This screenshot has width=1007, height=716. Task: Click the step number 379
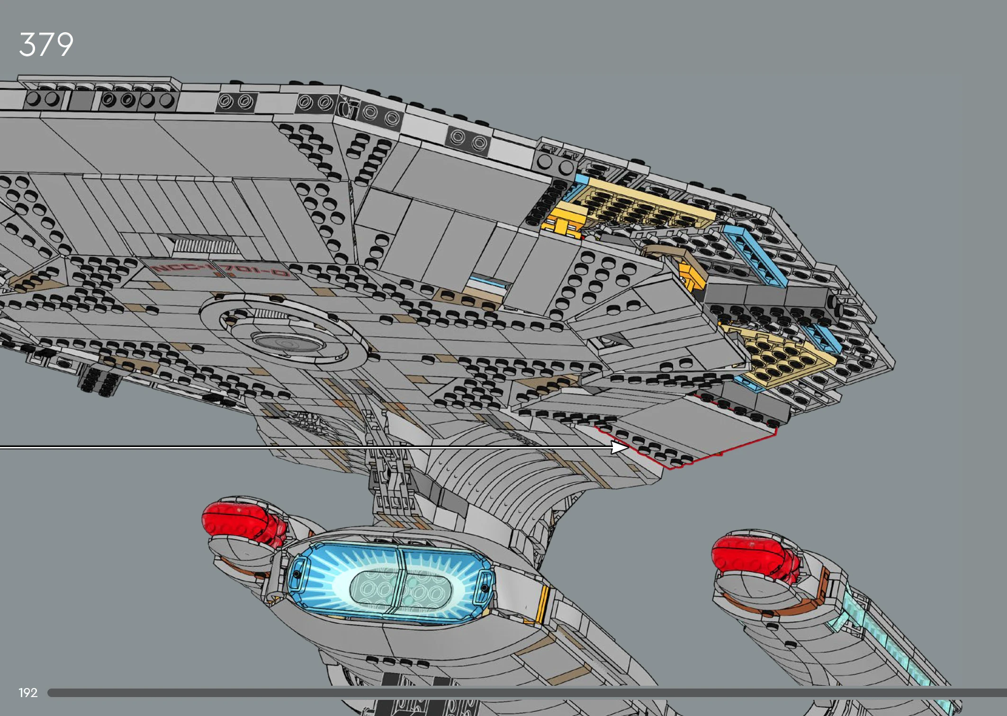tap(46, 45)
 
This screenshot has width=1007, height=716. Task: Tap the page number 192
tap(28, 693)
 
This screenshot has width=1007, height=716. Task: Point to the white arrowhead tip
tap(627, 447)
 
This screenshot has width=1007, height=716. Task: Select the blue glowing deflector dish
tap(391, 582)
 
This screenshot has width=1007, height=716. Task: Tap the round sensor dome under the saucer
tap(287, 342)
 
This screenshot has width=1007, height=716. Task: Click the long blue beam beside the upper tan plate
tap(755, 256)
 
